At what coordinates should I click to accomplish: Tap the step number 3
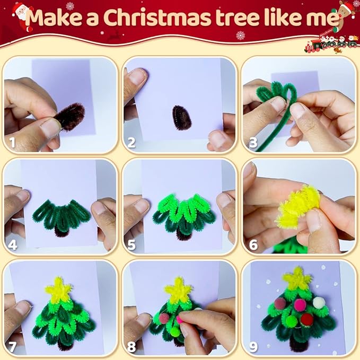coord(253,142)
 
